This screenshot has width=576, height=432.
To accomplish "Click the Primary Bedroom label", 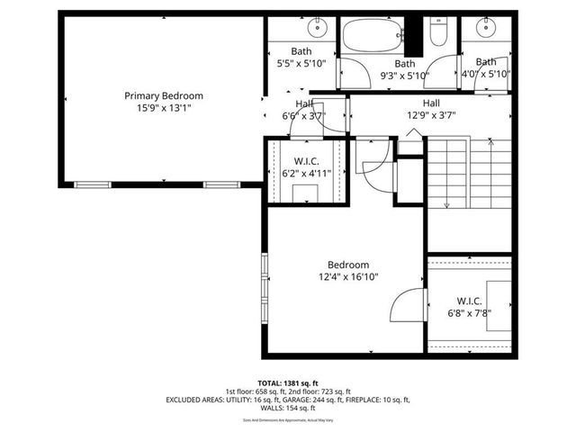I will coord(163,95).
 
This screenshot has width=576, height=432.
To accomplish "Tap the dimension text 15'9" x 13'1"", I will coord(163,107).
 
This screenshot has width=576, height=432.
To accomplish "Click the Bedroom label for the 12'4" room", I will coord(347,265).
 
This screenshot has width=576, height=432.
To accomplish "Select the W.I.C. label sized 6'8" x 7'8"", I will coord(469,301).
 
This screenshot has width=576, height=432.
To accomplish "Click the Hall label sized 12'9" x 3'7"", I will coord(431,103).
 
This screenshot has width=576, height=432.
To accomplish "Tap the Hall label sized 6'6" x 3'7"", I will coord(291,103).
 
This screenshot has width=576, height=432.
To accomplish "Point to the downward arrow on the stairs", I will coord(445,202).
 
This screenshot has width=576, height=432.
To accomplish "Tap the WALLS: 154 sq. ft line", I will coord(287,407).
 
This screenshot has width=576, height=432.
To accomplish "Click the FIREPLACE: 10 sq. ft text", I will coord(375,399).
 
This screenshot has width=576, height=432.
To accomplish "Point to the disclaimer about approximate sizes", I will coord(287,419).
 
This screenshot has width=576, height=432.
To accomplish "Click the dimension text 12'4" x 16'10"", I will coord(347,276).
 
